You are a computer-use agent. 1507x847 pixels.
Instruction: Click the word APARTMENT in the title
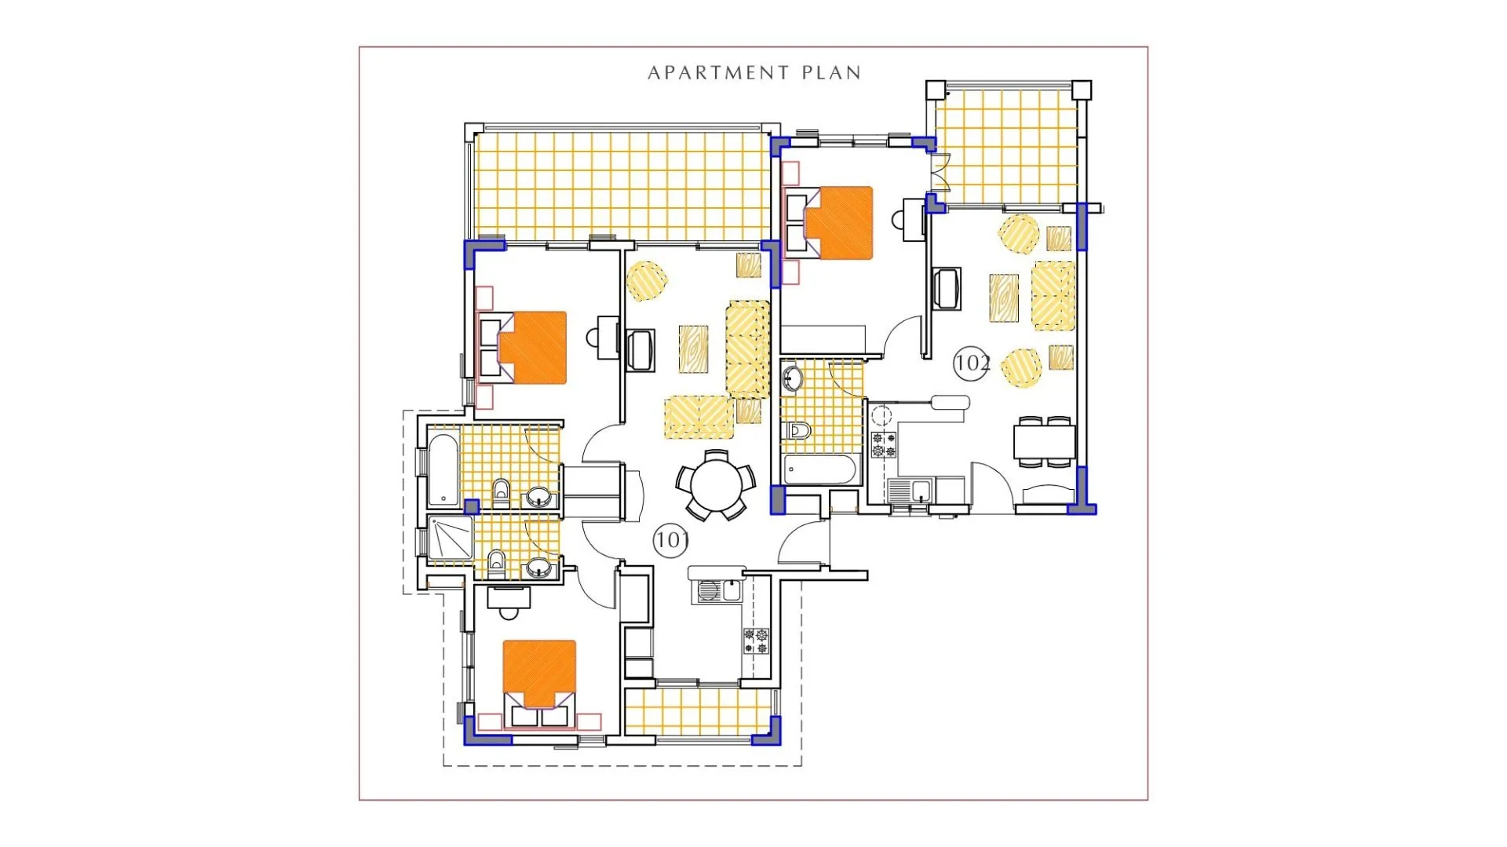[718, 73]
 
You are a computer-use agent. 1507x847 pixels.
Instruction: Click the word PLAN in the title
[832, 73]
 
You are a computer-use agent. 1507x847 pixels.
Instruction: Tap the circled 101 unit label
[670, 540]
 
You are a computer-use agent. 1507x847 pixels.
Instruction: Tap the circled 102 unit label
[971, 363]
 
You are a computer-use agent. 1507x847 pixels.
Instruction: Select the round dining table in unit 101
[716, 485]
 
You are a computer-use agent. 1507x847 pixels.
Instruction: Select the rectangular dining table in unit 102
[1045, 442]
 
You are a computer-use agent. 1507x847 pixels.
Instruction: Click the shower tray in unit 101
[450, 538]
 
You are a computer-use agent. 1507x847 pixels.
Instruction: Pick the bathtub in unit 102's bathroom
[820, 469]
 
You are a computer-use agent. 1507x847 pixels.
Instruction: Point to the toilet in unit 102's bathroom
[797, 431]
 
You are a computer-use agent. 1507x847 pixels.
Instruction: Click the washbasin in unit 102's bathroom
[792, 379]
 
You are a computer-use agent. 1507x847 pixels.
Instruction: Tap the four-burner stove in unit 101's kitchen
[757, 641]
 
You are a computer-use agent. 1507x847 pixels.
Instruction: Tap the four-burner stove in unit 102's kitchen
[885, 445]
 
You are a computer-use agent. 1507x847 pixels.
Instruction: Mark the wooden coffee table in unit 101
[694, 349]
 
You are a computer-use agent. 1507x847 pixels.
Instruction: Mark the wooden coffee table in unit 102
[1004, 298]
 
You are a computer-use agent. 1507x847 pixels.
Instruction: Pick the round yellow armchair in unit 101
[647, 281]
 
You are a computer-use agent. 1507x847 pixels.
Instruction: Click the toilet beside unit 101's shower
[496, 561]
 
